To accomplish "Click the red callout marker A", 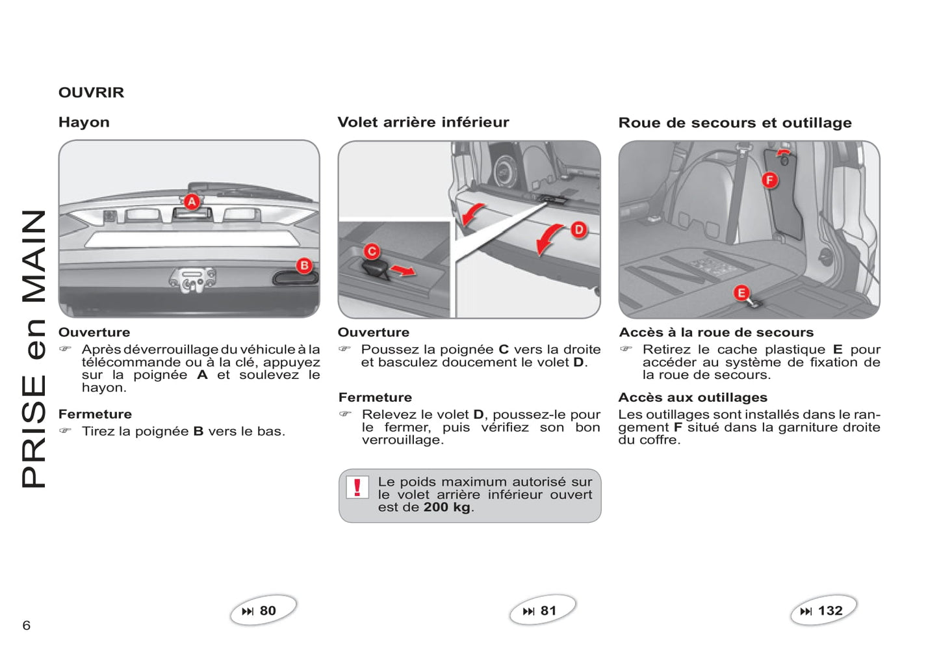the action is pos(192,202).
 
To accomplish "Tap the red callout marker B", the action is pos(304,265).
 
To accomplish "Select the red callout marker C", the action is pos(372,252).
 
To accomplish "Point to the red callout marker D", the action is pos(579,230).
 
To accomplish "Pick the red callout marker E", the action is pos(741,293).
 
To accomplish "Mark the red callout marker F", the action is pos(769,180).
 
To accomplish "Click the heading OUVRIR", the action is pos(92,92).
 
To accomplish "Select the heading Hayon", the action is pos(84,122).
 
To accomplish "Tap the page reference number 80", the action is pos(268,611).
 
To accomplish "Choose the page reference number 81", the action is pos(548,611).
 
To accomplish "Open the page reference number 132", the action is pos(830,611).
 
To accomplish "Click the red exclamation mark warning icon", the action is pos(357,487).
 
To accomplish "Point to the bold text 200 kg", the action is pos(447,507).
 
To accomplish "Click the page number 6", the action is pos(27,625).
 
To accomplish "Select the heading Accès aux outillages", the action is pos(693,397).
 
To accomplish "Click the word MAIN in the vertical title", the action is pos(34,256).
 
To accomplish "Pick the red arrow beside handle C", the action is pos(403,270).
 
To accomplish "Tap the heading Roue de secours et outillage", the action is pos(735,122).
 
